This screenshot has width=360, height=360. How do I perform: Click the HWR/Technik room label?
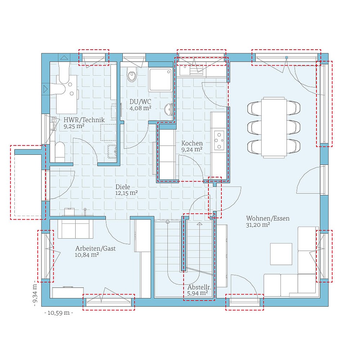tap(84, 120)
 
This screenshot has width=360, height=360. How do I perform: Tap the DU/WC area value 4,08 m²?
tap(140, 108)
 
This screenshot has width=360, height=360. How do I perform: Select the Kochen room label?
tap(192, 143)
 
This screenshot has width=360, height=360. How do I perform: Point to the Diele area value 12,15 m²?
tap(127, 193)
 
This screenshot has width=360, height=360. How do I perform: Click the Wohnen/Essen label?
tap(268, 218)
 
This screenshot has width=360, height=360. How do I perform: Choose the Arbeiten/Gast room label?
tap(95, 248)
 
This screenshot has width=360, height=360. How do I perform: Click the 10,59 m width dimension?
tap(58, 312)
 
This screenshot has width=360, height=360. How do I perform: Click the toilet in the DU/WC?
tap(132, 75)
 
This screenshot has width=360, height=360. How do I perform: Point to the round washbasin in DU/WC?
tap(168, 109)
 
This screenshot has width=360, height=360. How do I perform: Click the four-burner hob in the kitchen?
tap(219, 140)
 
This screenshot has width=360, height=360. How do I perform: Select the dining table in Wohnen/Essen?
tap(274, 127)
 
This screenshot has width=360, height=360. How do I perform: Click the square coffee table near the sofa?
tap(282, 254)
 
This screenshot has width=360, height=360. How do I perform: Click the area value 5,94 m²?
tap(198, 293)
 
